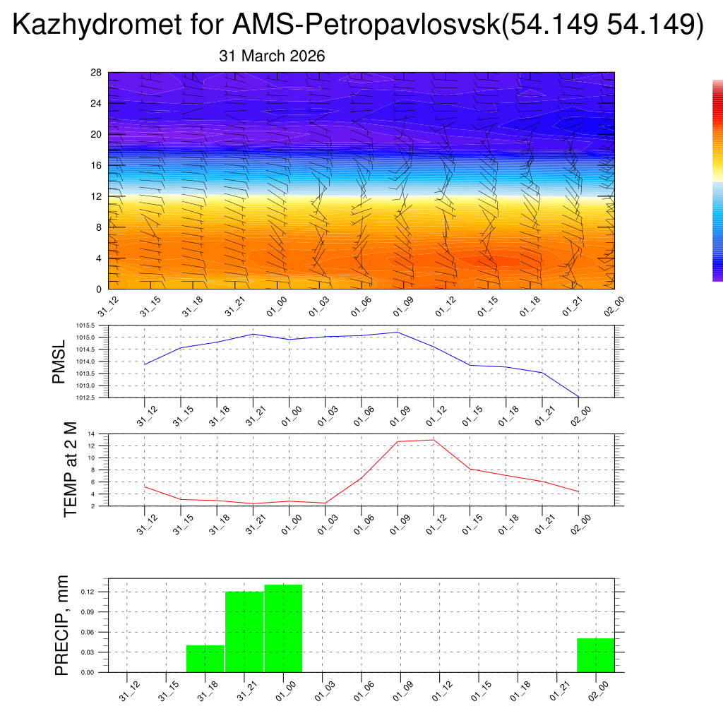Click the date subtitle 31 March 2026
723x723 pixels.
coord(272,56)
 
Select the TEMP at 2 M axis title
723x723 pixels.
coord(71,470)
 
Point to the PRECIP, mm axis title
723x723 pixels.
coord(63,625)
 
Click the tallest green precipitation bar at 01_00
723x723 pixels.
coord(283,628)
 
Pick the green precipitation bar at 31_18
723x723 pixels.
coord(205,659)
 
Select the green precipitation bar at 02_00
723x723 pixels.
coord(595,655)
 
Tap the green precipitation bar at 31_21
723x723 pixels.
coord(244,632)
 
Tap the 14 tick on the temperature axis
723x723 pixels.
coord(92,434)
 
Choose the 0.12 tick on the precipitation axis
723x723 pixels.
coord(86,592)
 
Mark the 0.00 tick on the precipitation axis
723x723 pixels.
coord(86,672)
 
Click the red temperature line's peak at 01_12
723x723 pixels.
coord(434,440)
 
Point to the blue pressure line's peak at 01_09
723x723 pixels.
coord(398,332)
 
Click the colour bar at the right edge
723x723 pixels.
coord(717,180)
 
